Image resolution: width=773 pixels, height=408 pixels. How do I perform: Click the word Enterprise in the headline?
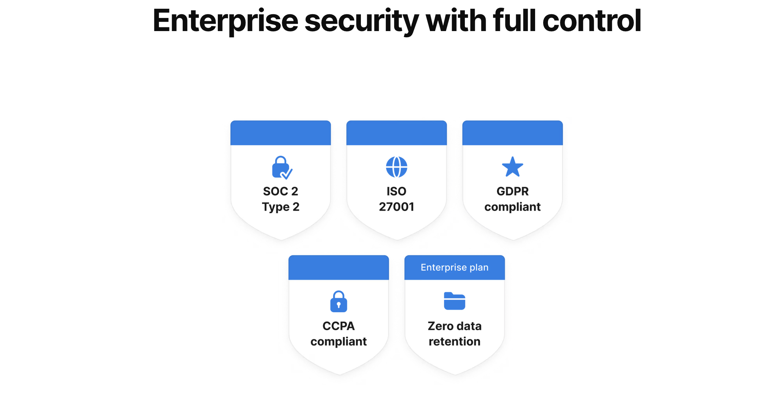(225, 21)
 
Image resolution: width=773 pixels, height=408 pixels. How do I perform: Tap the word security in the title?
(361, 21)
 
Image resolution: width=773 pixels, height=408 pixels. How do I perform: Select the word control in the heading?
(591, 21)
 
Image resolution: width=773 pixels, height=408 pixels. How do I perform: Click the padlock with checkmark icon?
(281, 168)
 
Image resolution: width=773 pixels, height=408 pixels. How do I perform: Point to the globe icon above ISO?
(396, 167)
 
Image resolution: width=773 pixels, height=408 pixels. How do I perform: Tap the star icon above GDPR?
(512, 167)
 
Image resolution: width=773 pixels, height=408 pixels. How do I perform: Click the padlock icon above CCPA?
(339, 302)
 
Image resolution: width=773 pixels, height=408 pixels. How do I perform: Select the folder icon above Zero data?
(454, 301)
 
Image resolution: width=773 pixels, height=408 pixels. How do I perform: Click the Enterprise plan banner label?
(454, 267)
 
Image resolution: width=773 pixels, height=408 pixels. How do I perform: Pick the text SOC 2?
(280, 191)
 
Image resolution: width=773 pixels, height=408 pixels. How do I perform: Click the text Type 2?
(280, 207)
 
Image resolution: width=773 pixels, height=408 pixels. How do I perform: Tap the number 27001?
(396, 207)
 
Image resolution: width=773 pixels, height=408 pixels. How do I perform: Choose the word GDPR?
(512, 191)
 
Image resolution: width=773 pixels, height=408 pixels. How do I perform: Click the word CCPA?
(339, 326)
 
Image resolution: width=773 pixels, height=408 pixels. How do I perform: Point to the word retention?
(454, 341)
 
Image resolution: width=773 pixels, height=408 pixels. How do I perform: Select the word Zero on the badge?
(441, 326)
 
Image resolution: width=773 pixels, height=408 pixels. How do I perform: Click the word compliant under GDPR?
(512, 207)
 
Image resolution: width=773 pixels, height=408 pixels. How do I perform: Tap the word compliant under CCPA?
(339, 341)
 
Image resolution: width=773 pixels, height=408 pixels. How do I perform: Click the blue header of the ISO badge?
(396, 133)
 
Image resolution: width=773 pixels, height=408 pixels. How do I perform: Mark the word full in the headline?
(514, 21)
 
